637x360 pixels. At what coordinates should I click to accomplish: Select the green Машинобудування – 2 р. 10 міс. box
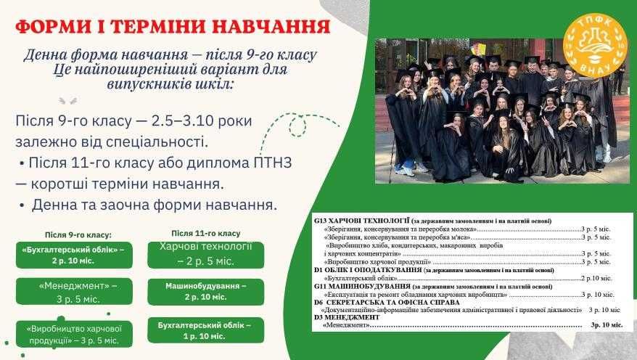(x=205, y=291)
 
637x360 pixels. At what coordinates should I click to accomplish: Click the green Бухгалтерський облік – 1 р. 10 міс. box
(x=204, y=331)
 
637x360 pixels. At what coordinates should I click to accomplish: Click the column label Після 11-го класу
(x=206, y=233)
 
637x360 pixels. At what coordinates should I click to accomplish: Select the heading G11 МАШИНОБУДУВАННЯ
(x=358, y=286)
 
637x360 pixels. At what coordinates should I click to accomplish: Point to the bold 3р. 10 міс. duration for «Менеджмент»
(x=607, y=325)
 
